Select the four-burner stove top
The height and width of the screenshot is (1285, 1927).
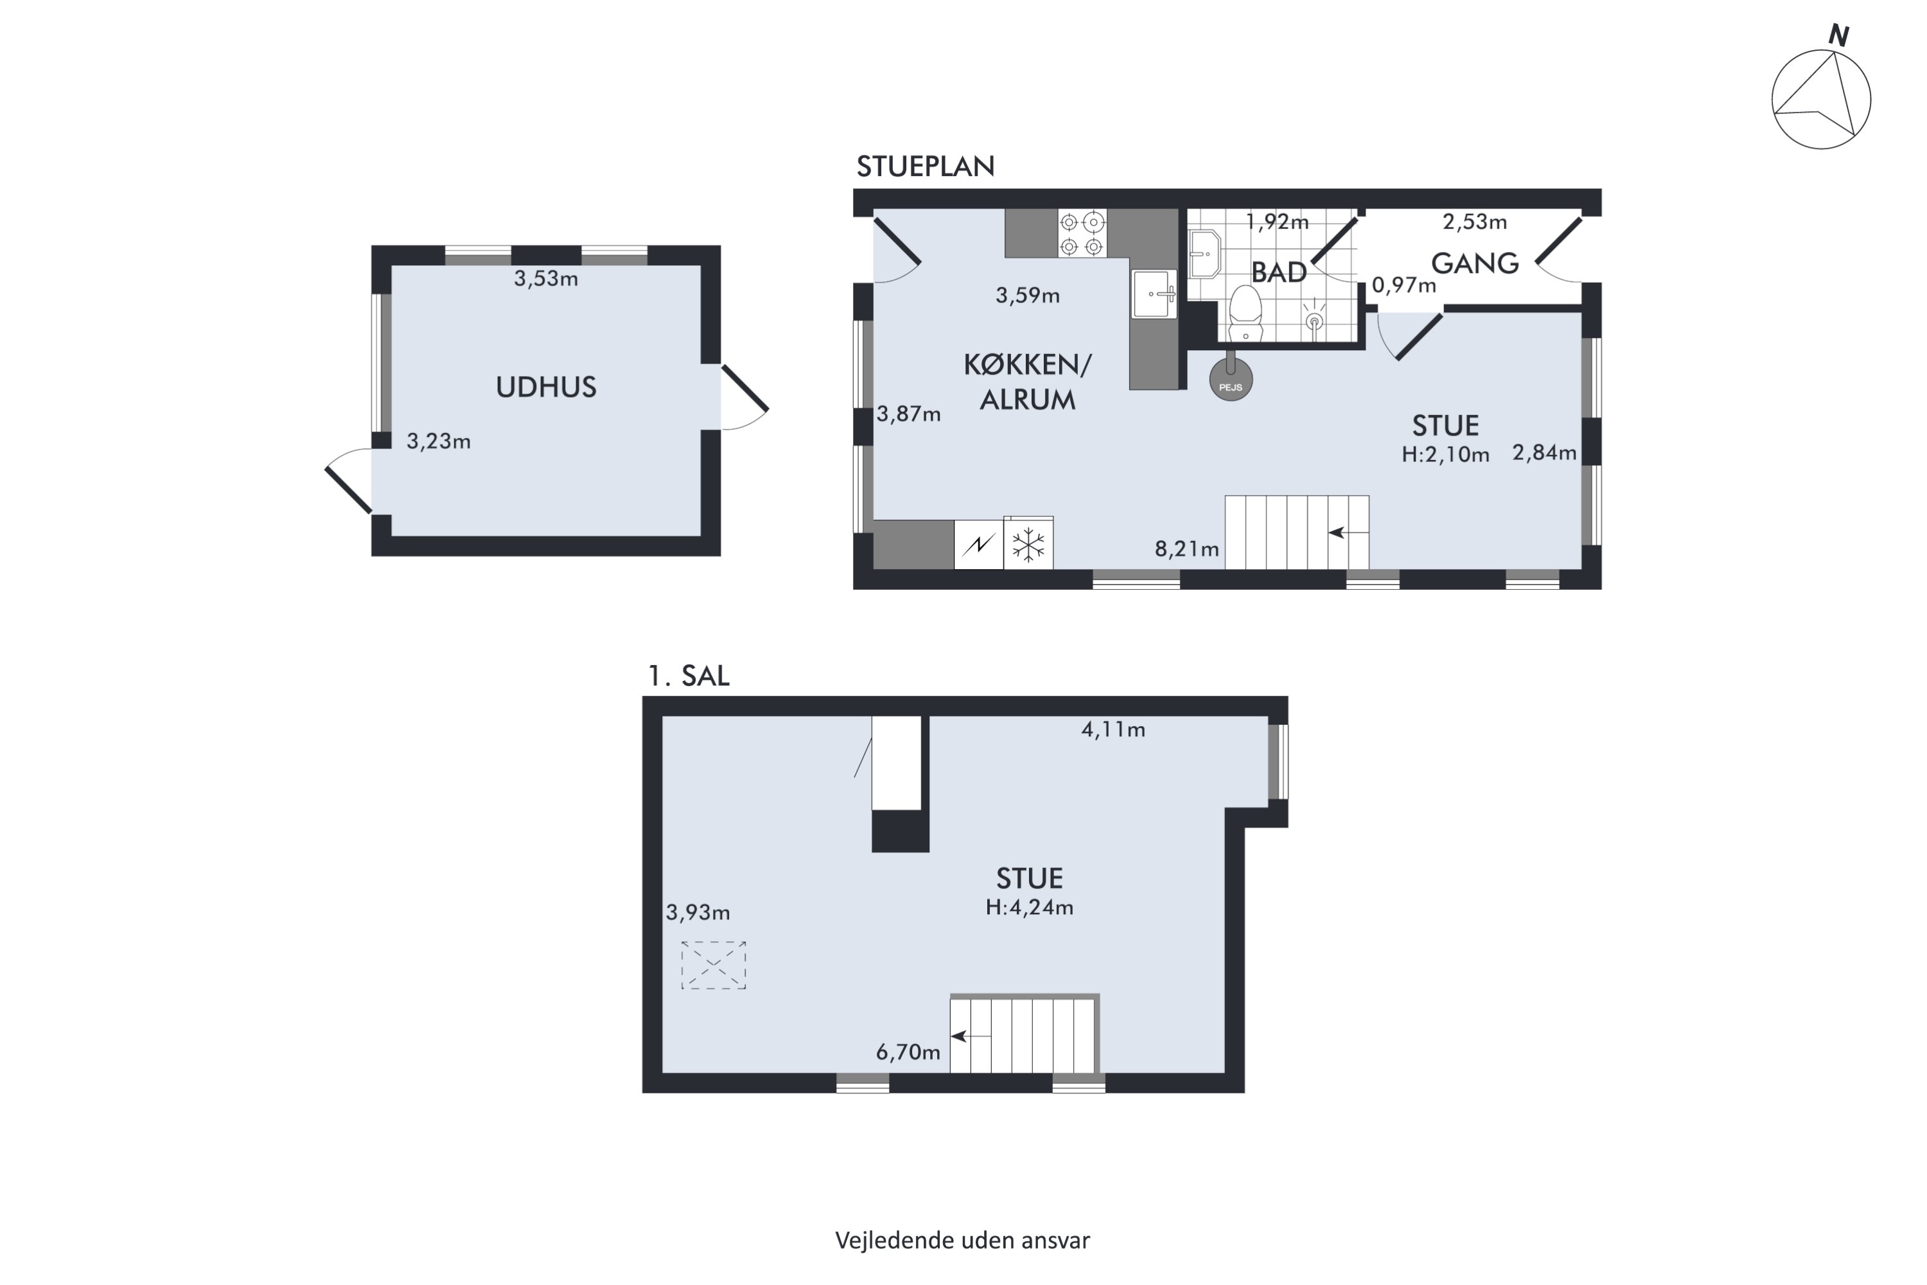point(1082,234)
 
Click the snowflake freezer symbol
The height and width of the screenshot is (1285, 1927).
point(1028,544)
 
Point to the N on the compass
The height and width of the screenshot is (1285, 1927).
point(1838,35)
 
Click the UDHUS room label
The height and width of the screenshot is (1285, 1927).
point(545,387)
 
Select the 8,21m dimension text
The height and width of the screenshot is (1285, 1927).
point(1186,549)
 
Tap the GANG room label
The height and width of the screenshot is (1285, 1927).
point(1475,263)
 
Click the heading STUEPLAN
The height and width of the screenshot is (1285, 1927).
point(925,166)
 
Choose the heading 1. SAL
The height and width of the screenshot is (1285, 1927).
point(688,676)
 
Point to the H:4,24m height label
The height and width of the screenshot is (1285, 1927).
point(1029,907)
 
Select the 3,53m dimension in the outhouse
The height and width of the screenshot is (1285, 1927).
point(545,279)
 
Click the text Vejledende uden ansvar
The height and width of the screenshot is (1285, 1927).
point(963,1241)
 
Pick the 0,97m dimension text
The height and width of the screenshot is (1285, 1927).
point(1403,285)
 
